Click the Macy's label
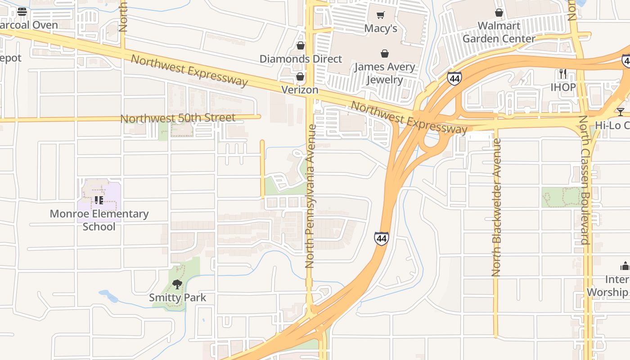click(380, 28)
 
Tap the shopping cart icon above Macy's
click(381, 15)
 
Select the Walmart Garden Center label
click(499, 32)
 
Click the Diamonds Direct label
click(301, 59)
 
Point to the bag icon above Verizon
click(300, 76)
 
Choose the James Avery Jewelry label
click(384, 73)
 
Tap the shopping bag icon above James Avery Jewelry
click(385, 54)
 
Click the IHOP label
click(563, 87)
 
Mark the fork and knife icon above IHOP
click(562, 73)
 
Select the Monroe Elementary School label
click(99, 220)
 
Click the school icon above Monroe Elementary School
click(99, 200)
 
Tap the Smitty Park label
click(177, 297)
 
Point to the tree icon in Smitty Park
click(177, 284)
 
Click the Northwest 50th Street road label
click(178, 118)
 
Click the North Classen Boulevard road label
click(584, 180)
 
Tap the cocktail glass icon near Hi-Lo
click(621, 112)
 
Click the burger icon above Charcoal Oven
click(22, 12)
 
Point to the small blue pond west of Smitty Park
click(108, 296)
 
